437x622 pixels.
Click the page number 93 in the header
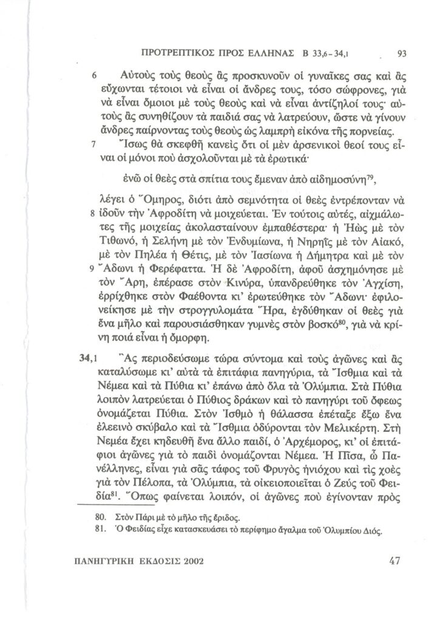pos(401,52)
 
